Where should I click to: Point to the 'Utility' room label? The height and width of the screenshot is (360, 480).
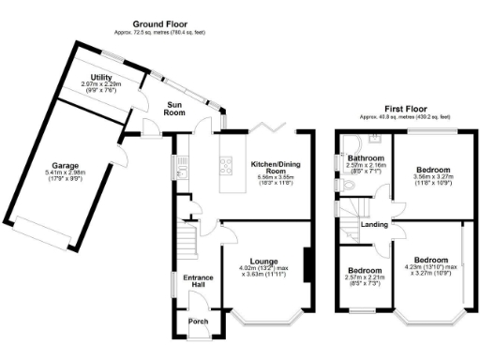tap(102, 77)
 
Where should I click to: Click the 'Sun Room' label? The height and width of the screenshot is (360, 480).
tap(174, 108)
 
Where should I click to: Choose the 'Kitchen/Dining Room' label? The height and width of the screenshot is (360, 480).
tap(274, 169)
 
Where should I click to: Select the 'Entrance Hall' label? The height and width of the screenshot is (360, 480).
tap(198, 282)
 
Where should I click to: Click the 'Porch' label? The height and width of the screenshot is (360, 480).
tap(198, 322)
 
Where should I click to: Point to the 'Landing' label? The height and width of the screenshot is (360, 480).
tap(375, 224)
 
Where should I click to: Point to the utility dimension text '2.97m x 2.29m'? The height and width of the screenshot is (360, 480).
tap(102, 84)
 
